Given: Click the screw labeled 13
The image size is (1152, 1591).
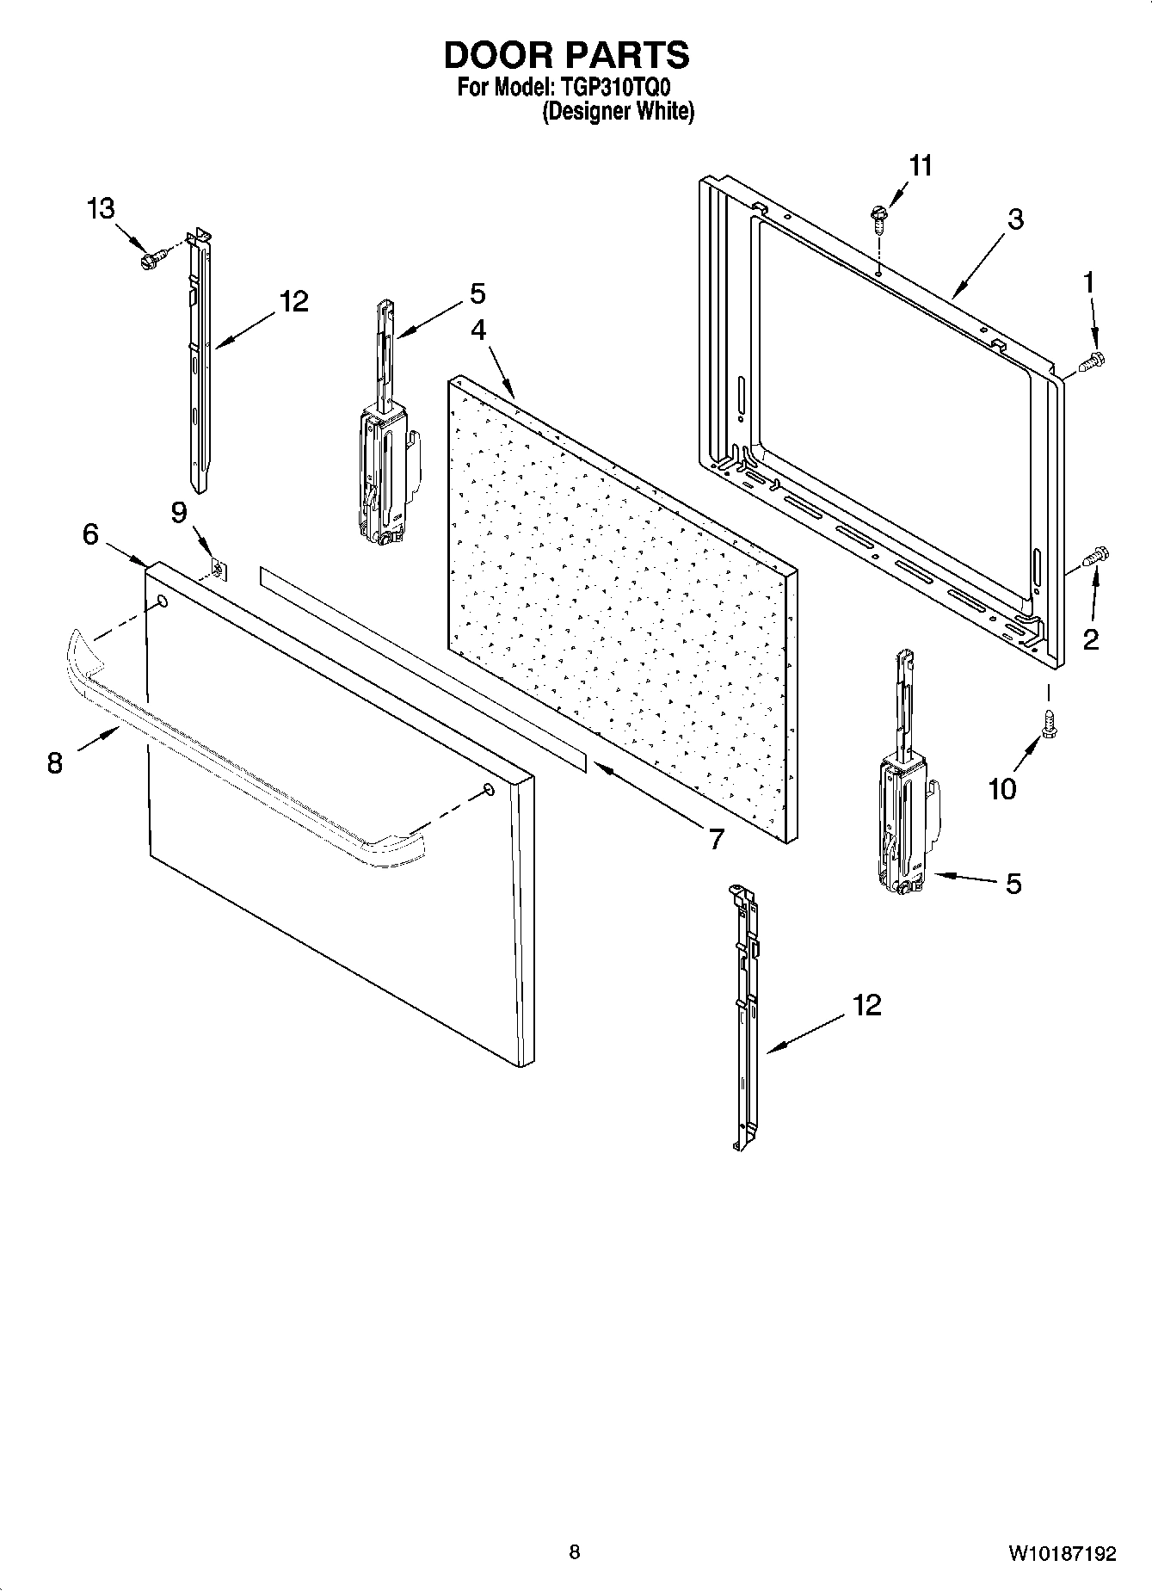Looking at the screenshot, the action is point(151,256).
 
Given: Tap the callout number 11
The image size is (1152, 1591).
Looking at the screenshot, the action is point(921,166).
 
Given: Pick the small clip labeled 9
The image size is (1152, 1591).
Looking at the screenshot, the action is point(219,569).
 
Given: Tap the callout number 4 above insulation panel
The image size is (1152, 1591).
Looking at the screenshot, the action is point(477,330).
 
